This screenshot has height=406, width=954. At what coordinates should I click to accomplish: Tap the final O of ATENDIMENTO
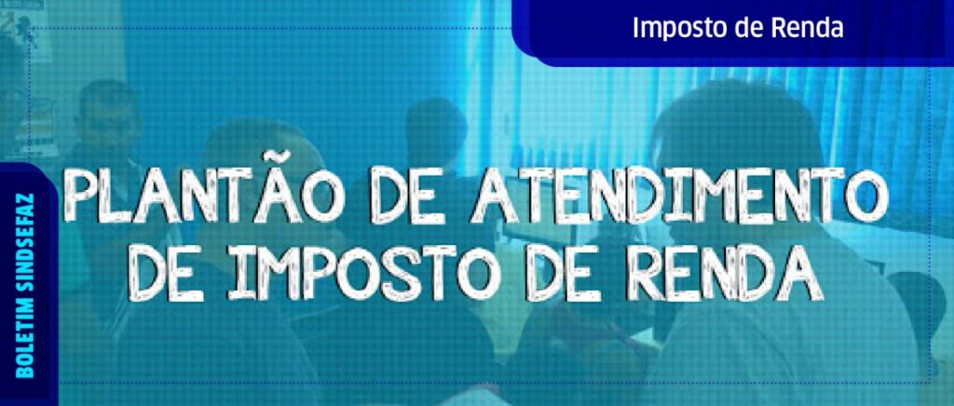tap(865, 195)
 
